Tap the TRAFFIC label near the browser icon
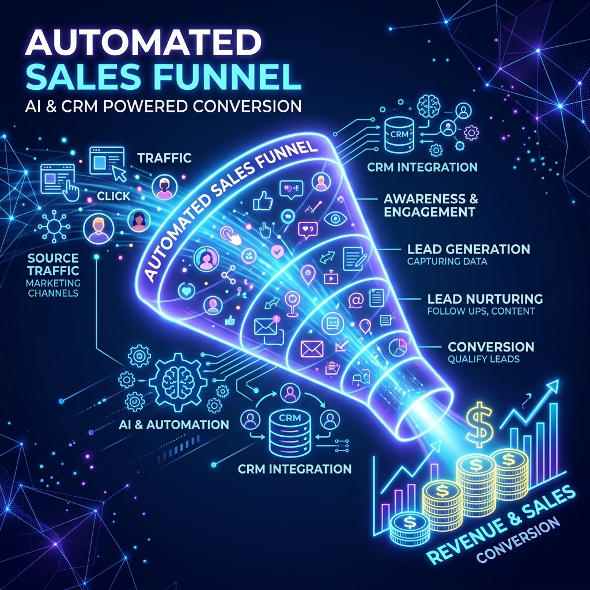point(164,158)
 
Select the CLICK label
point(114,196)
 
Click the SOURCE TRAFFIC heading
point(53,264)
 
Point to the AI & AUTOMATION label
point(174,425)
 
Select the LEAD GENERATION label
point(468,249)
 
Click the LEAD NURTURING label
point(485,299)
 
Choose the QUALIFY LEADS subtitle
point(483,359)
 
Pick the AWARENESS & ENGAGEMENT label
point(430,205)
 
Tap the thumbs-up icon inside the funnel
point(263,200)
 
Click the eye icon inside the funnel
point(333,218)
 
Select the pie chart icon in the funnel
point(398,347)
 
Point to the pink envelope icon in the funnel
point(312,349)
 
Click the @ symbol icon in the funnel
point(355,300)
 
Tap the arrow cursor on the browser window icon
point(120,173)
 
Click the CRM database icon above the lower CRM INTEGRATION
point(290,432)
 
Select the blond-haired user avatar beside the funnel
point(99,229)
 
